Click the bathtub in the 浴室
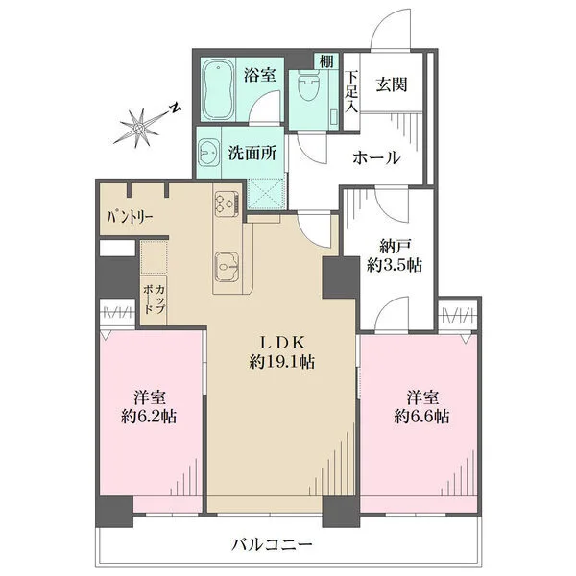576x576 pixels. click(218, 89)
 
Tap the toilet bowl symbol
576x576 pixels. click(308, 85)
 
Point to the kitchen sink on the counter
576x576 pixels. click(228, 267)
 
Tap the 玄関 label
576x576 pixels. click(392, 84)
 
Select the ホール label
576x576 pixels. click(376, 158)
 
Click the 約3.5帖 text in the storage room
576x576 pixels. click(395, 265)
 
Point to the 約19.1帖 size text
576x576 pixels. click(281, 362)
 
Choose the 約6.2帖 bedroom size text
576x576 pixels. click(149, 417)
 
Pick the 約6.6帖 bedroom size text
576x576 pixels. click(421, 417)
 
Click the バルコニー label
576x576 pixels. click(272, 544)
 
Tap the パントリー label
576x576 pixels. click(130, 218)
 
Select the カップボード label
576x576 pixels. click(154, 300)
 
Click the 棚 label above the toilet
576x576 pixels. click(326, 61)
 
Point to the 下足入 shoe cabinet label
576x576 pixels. click(350, 91)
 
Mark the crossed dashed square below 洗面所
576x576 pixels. click(266, 194)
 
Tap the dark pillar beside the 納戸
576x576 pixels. click(341, 277)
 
